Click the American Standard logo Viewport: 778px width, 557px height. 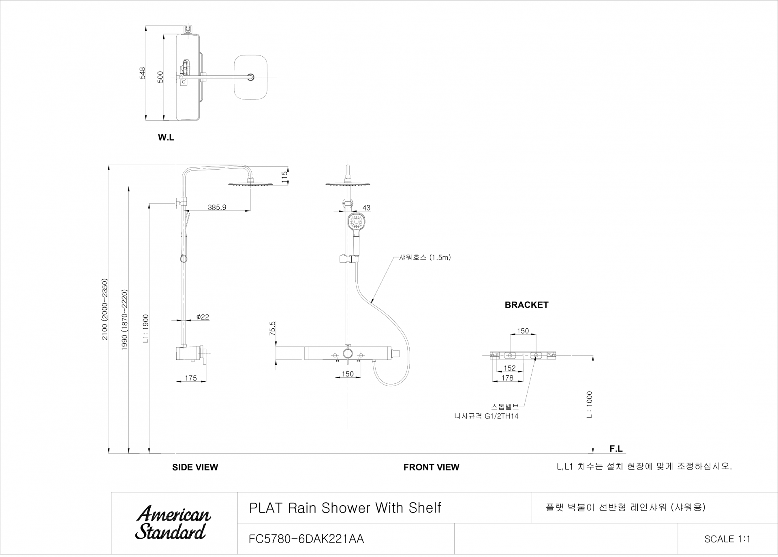(x=173, y=523)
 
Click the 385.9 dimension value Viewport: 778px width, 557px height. (x=217, y=208)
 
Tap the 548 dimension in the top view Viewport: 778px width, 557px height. (x=142, y=73)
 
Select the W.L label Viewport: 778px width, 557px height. (x=166, y=138)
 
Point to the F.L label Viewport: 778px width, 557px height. (x=616, y=449)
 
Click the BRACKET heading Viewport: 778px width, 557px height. (x=526, y=305)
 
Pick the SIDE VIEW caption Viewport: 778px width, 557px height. (x=195, y=467)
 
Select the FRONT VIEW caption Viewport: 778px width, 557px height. (x=431, y=467)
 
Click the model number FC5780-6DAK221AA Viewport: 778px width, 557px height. (x=306, y=539)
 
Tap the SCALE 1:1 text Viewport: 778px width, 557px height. (x=727, y=539)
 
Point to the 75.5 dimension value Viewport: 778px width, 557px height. (x=272, y=328)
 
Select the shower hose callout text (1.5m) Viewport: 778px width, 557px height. (x=425, y=257)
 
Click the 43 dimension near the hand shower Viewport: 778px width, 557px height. (x=366, y=208)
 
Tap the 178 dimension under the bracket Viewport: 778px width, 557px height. (x=507, y=378)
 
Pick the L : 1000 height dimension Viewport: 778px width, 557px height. (x=590, y=404)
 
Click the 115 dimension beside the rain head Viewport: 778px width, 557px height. (x=284, y=176)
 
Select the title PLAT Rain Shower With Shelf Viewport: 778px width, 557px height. (x=345, y=508)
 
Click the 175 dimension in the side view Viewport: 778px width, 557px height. (x=191, y=378)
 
